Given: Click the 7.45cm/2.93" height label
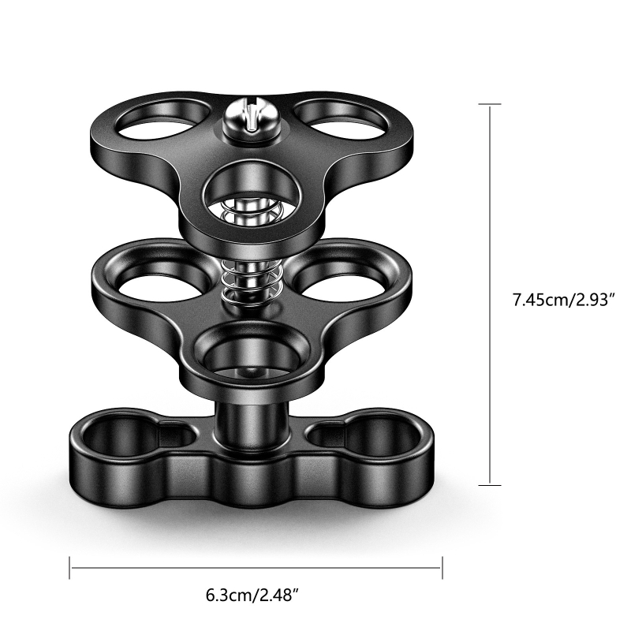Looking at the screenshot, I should [563, 300].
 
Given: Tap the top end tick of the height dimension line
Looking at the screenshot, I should [491, 104].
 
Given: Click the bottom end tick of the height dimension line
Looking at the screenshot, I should [491, 484].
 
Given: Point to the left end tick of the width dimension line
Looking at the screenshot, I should [70, 566].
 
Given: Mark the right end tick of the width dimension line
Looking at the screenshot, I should [442, 566].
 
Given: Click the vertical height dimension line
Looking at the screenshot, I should [491, 237].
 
